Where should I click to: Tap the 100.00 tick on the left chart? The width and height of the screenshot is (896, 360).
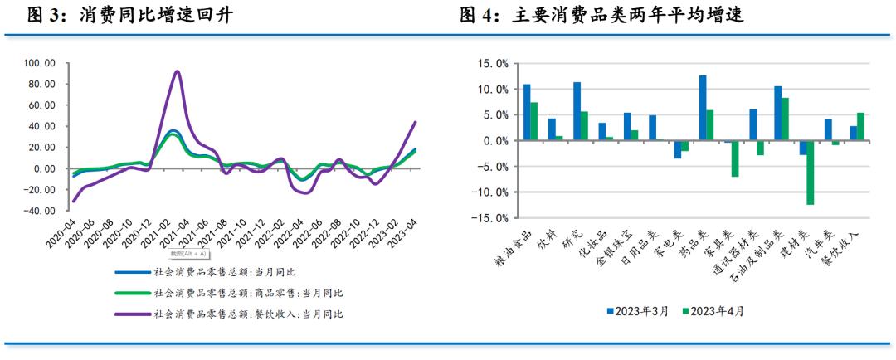click(40, 63)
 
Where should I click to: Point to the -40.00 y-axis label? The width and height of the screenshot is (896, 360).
click(40, 211)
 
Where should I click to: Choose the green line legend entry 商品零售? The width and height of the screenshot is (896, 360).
click(248, 294)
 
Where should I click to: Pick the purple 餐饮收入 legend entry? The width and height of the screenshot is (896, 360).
click(248, 314)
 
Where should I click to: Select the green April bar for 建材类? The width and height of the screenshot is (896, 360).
click(810, 173)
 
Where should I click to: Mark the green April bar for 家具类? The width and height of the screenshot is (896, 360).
click(735, 158)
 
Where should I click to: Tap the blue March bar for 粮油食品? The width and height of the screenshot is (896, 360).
click(527, 112)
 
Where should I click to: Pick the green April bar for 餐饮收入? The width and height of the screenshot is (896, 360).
click(860, 127)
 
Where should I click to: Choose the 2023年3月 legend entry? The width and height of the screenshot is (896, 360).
click(642, 311)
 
